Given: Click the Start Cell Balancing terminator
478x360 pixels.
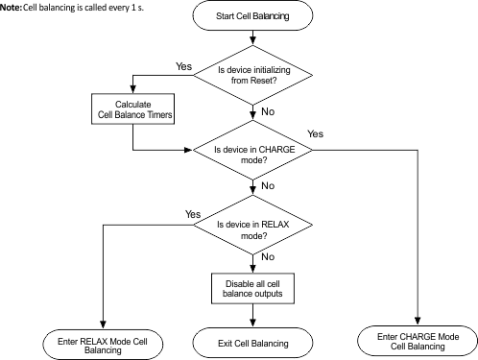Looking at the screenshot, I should (x=252, y=17).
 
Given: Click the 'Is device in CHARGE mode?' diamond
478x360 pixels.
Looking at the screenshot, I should (x=252, y=150).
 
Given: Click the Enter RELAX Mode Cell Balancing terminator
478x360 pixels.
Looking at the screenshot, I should (x=102, y=343).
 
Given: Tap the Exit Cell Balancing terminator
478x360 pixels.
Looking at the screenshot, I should (x=252, y=341).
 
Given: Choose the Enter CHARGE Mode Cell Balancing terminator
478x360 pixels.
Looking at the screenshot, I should (x=418, y=340).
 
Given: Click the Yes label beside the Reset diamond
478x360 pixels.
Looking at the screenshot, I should (x=184, y=66).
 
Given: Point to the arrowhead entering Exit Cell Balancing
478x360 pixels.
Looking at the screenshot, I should (x=252, y=324).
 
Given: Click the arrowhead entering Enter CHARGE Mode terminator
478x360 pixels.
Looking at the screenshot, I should (x=418, y=323).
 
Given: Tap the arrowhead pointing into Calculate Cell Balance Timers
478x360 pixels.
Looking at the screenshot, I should (x=132, y=89).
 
